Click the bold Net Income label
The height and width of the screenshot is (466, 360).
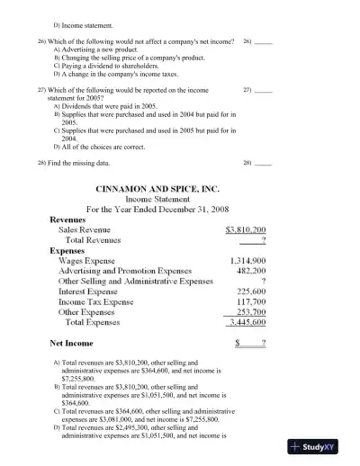(x=71, y=344)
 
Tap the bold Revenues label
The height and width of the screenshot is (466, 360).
(x=69, y=220)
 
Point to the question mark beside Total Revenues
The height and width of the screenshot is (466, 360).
(x=262, y=240)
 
